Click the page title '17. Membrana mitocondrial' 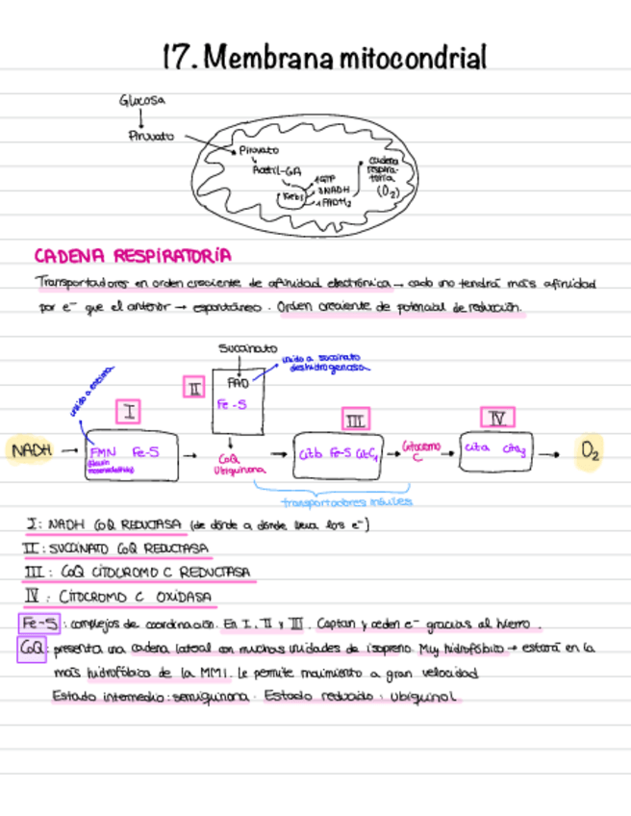(x=325, y=58)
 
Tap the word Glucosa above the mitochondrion (x=142, y=100)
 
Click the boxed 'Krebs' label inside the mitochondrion (x=291, y=196)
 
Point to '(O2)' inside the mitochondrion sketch (x=389, y=191)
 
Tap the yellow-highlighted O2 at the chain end (x=590, y=452)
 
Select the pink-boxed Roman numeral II (x=193, y=388)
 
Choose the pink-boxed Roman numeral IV (x=496, y=418)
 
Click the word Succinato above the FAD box (x=247, y=348)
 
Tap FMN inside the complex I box (x=102, y=451)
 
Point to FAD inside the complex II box (x=239, y=382)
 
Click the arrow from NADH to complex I (x=69, y=449)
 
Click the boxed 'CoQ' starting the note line (x=32, y=649)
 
